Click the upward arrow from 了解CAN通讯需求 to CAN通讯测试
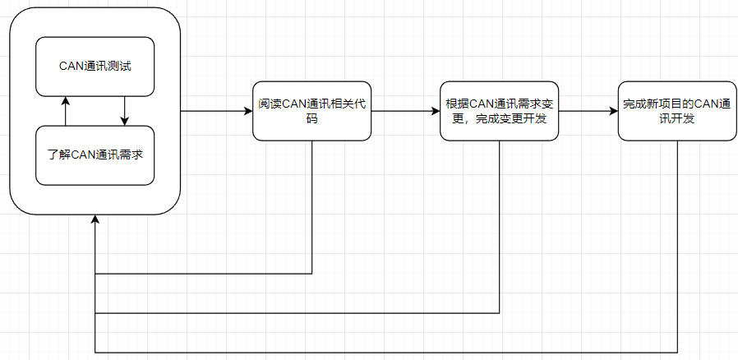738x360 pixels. [66, 111]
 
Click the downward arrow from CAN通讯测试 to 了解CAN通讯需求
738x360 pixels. [125, 111]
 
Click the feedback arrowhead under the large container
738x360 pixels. [95, 219]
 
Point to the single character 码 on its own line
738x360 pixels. [312, 119]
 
